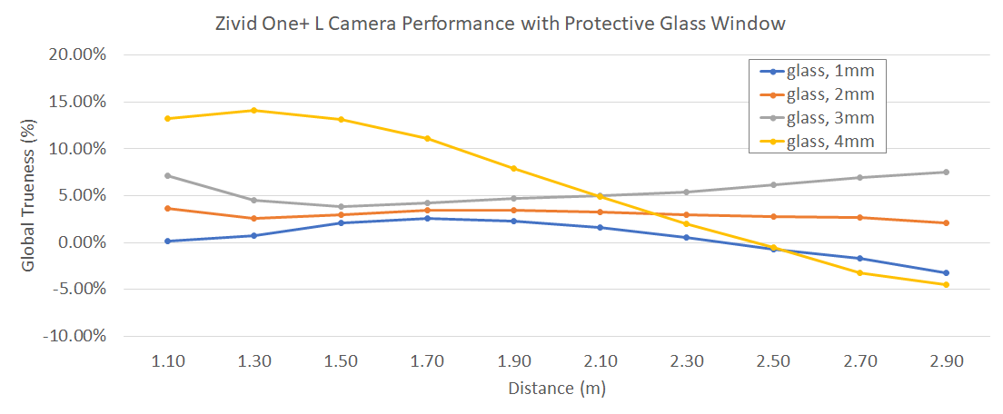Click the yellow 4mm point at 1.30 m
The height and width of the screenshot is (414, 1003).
click(254, 111)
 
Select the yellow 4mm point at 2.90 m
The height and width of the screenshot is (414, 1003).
click(946, 284)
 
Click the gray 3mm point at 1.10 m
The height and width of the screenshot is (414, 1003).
click(168, 175)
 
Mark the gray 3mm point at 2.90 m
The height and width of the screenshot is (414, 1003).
click(946, 172)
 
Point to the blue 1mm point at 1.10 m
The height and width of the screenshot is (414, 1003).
click(168, 241)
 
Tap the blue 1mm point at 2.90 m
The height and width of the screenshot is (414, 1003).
click(946, 272)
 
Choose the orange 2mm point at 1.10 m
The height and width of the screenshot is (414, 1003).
click(168, 208)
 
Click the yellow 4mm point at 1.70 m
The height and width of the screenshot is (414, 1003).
click(427, 138)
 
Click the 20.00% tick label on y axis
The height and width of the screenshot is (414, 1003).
click(78, 54)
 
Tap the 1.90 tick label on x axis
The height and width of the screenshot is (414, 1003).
click(513, 361)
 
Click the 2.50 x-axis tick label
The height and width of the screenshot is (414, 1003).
click(772, 361)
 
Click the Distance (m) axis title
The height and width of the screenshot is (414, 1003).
click(557, 389)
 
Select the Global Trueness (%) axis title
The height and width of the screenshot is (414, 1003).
click(28, 195)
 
